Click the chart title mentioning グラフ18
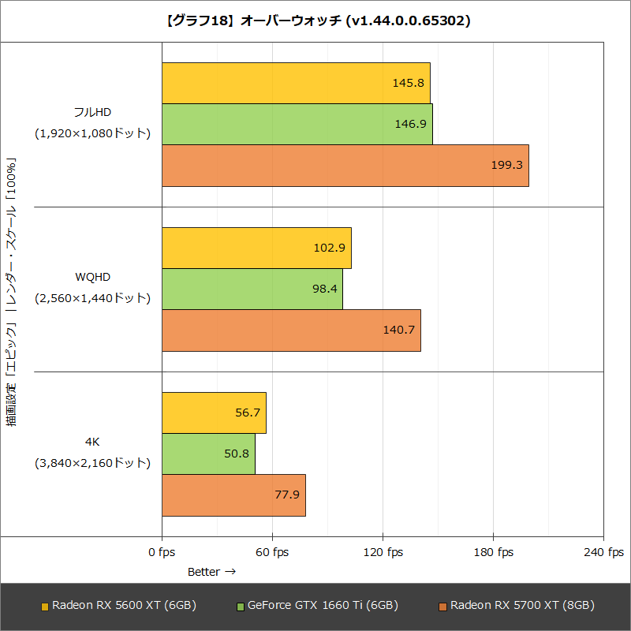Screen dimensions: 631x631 (315, 21)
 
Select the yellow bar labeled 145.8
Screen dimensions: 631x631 (296, 83)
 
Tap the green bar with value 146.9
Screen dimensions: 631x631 (297, 124)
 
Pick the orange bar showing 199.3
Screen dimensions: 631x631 (345, 166)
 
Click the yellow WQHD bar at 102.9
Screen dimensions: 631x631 (256, 248)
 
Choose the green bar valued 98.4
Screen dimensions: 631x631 (252, 289)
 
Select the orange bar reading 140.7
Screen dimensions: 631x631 (291, 330)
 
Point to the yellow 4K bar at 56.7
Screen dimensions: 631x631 (214, 413)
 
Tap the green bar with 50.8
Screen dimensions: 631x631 (208, 454)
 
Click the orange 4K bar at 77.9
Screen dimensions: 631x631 (233, 495)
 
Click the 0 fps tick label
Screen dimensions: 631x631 (162, 552)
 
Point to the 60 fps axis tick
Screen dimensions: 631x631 (272, 552)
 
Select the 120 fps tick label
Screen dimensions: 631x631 (383, 552)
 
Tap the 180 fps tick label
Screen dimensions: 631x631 (493, 552)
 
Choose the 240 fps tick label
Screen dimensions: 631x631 (603, 552)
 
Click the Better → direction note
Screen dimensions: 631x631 (211, 572)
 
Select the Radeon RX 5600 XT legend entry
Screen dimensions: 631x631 (118, 605)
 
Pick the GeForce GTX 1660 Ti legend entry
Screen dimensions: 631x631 (317, 605)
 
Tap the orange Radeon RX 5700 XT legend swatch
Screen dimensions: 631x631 (443, 606)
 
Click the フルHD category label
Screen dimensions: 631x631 (92, 112)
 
